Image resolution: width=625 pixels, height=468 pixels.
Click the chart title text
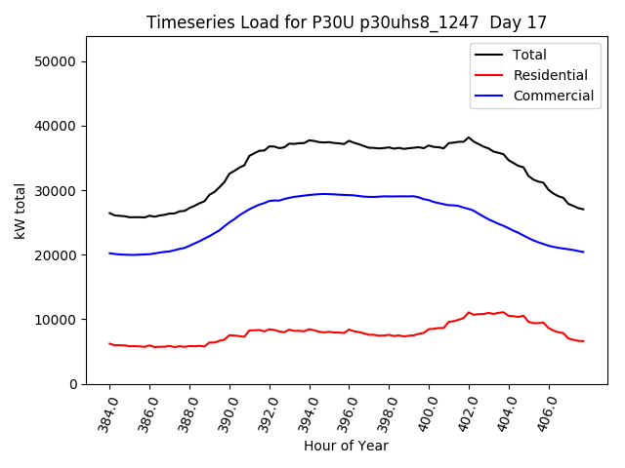347,22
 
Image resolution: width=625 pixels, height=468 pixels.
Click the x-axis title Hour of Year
346,446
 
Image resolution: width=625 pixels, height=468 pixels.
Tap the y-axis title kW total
20,212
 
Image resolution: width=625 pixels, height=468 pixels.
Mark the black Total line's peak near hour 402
469,137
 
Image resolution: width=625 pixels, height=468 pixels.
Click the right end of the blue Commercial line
583,253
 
